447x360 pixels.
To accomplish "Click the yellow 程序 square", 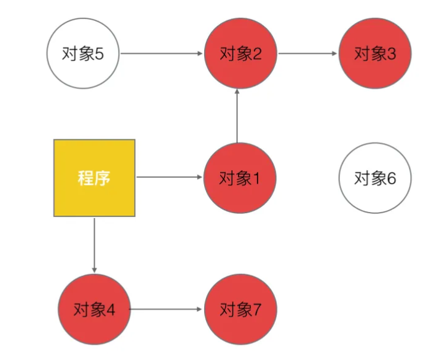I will (x=94, y=178).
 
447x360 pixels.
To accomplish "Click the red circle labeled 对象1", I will (x=240, y=179).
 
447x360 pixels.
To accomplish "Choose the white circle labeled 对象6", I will (x=375, y=179).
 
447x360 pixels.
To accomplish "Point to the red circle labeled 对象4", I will (x=94, y=309).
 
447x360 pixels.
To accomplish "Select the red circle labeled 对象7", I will (x=240, y=309).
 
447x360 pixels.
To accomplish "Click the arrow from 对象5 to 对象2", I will (x=162, y=54).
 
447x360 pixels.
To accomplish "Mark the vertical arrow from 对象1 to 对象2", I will (x=237, y=117).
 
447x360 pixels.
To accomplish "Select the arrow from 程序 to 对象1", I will (x=169, y=178).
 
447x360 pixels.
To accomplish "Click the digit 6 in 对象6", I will (x=391, y=179).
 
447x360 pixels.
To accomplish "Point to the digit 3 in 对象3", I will (x=391, y=54).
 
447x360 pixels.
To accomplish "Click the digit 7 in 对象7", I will (x=256, y=310).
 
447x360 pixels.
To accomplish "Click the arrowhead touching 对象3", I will (x=336, y=54).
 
